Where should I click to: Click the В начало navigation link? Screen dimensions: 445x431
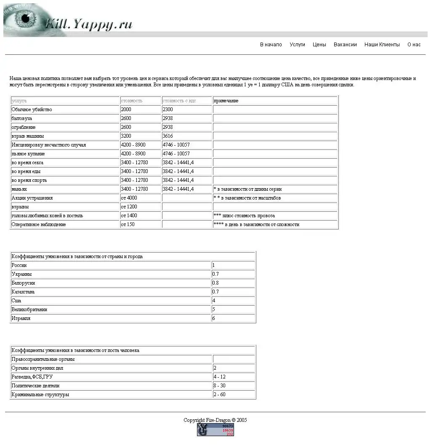click(271, 45)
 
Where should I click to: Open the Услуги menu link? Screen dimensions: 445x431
click(297, 45)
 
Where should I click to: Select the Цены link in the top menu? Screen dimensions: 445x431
click(319, 45)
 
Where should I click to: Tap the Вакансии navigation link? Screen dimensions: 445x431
click(345, 45)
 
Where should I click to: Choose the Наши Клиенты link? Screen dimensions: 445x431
click(382, 45)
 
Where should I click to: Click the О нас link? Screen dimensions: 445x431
click(414, 45)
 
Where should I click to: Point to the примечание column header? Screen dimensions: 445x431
click(226, 101)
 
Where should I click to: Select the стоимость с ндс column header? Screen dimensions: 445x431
click(179, 101)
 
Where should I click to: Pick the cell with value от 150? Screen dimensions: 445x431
click(128, 225)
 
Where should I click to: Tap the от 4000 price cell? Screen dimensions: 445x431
click(129, 198)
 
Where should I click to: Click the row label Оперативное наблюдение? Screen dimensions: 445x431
click(39, 225)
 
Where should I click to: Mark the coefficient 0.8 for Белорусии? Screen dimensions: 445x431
click(215, 283)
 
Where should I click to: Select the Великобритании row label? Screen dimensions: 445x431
click(29, 310)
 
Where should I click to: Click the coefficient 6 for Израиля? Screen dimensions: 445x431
click(214, 319)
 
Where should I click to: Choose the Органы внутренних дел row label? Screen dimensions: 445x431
click(37, 368)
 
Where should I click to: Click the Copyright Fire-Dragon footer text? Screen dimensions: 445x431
click(215, 420)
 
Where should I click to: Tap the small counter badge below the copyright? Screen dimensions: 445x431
click(215, 430)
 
